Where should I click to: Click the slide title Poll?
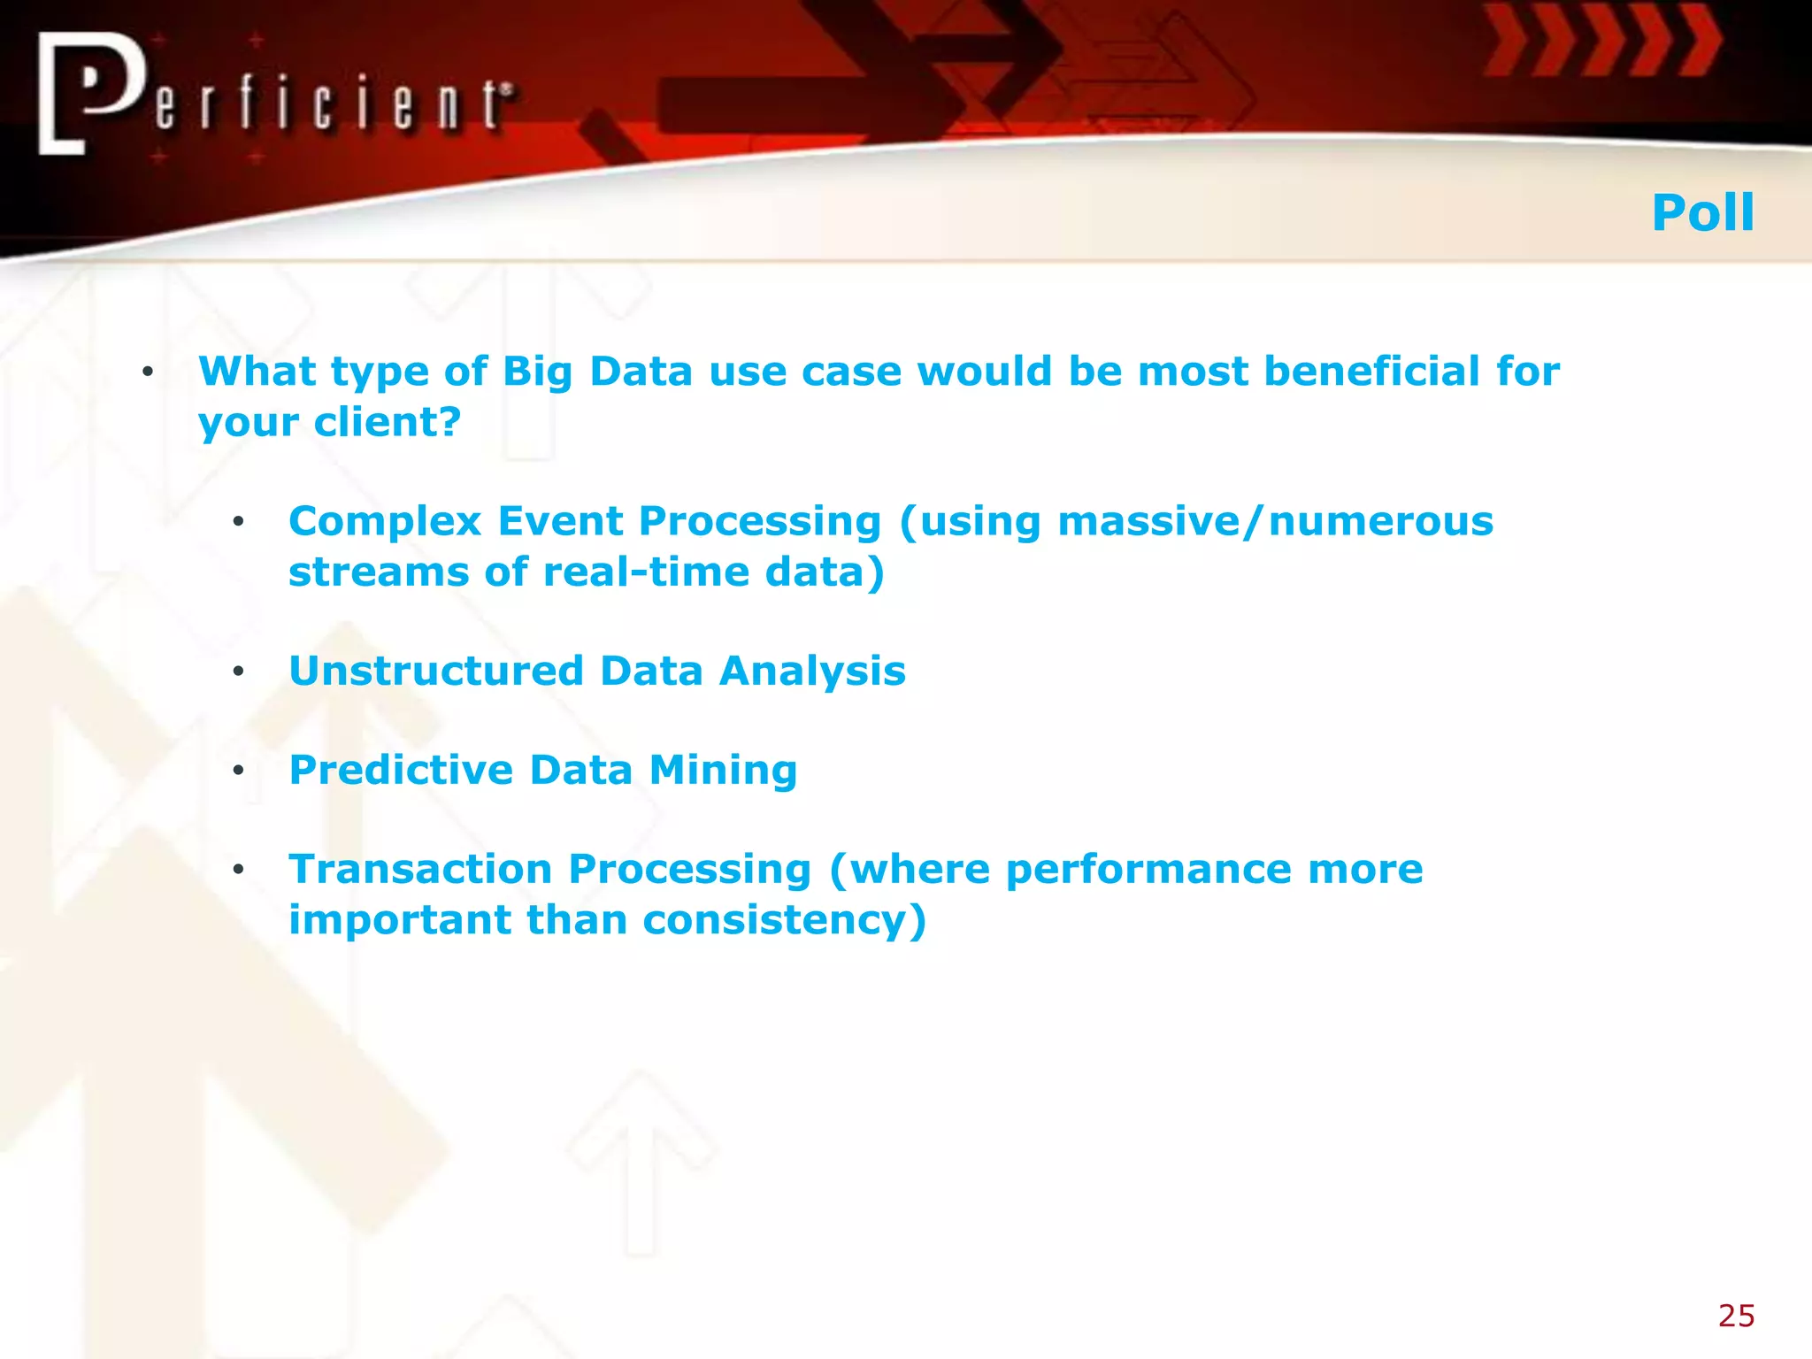click(x=1702, y=213)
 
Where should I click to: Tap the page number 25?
click(x=1736, y=1316)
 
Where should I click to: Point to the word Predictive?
click(x=401, y=770)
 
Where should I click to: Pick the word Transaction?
click(x=420, y=869)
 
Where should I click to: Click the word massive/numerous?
click(x=1275, y=522)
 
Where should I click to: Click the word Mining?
click(x=723, y=771)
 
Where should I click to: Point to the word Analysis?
click(x=812, y=671)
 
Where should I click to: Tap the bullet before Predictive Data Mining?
click(x=238, y=771)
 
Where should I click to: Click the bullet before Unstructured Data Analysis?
click(x=238, y=672)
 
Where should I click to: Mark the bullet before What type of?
click(x=148, y=372)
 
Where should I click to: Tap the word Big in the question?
click(x=537, y=372)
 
